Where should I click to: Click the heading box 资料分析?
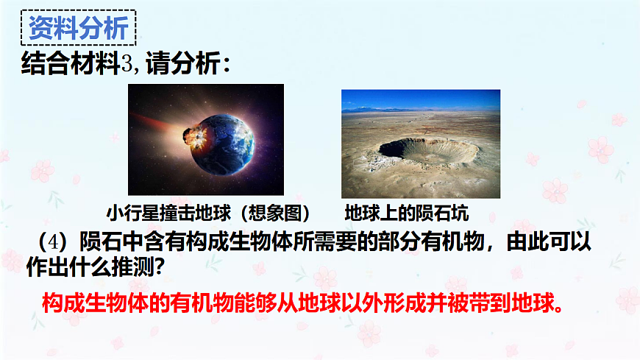78,29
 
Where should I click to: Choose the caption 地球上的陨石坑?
406,213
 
